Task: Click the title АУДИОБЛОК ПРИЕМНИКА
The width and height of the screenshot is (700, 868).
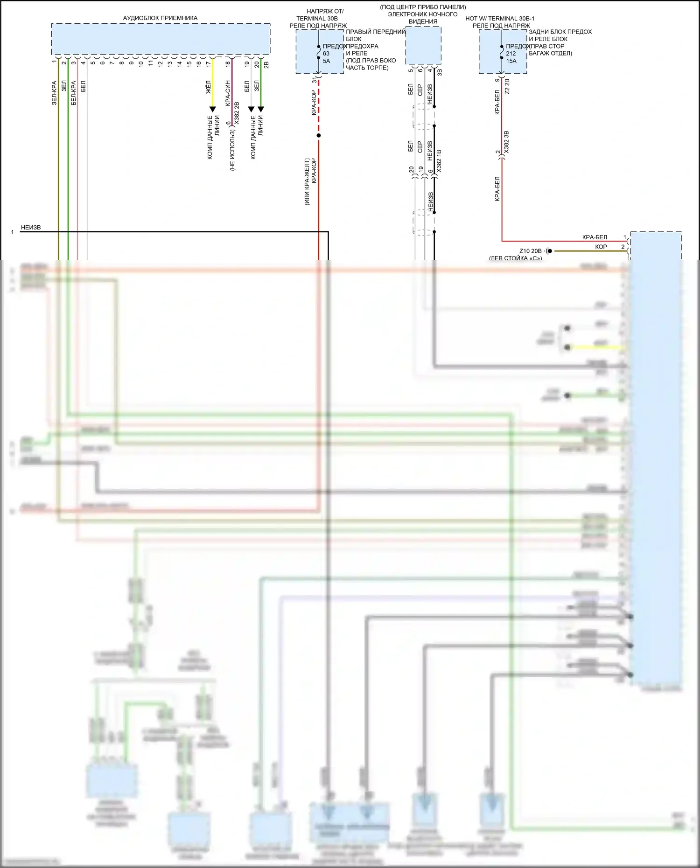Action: pyautogui.click(x=160, y=18)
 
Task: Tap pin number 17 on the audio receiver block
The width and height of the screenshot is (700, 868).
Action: pyautogui.click(x=209, y=64)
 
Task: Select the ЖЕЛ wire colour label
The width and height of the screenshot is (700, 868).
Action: pyautogui.click(x=209, y=87)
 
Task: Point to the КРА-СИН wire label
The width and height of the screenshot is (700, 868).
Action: pyautogui.click(x=228, y=93)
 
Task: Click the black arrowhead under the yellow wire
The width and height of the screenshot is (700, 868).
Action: pyautogui.click(x=212, y=110)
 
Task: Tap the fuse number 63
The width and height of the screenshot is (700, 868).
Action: pyautogui.click(x=326, y=53)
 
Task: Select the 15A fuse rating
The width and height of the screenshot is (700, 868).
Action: pyautogui.click(x=511, y=61)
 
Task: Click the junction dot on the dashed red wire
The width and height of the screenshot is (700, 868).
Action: pyautogui.click(x=319, y=136)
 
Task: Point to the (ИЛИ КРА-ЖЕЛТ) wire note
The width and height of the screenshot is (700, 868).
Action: pyautogui.click(x=307, y=182)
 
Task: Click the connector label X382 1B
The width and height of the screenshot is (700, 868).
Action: pyautogui.click(x=439, y=161)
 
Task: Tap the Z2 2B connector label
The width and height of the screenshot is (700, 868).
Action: pyautogui.click(x=507, y=86)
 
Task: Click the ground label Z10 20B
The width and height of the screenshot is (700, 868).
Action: pyautogui.click(x=531, y=251)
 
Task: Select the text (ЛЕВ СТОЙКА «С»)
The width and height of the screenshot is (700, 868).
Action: pyautogui.click(x=516, y=258)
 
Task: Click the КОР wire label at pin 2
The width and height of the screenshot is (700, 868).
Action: pyautogui.click(x=601, y=247)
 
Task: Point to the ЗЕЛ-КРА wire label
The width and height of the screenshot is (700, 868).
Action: pyautogui.click(x=54, y=93)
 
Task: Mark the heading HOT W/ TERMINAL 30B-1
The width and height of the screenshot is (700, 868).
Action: pyautogui.click(x=500, y=19)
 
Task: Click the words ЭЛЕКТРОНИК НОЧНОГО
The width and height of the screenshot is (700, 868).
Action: pyautogui.click(x=423, y=14)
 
